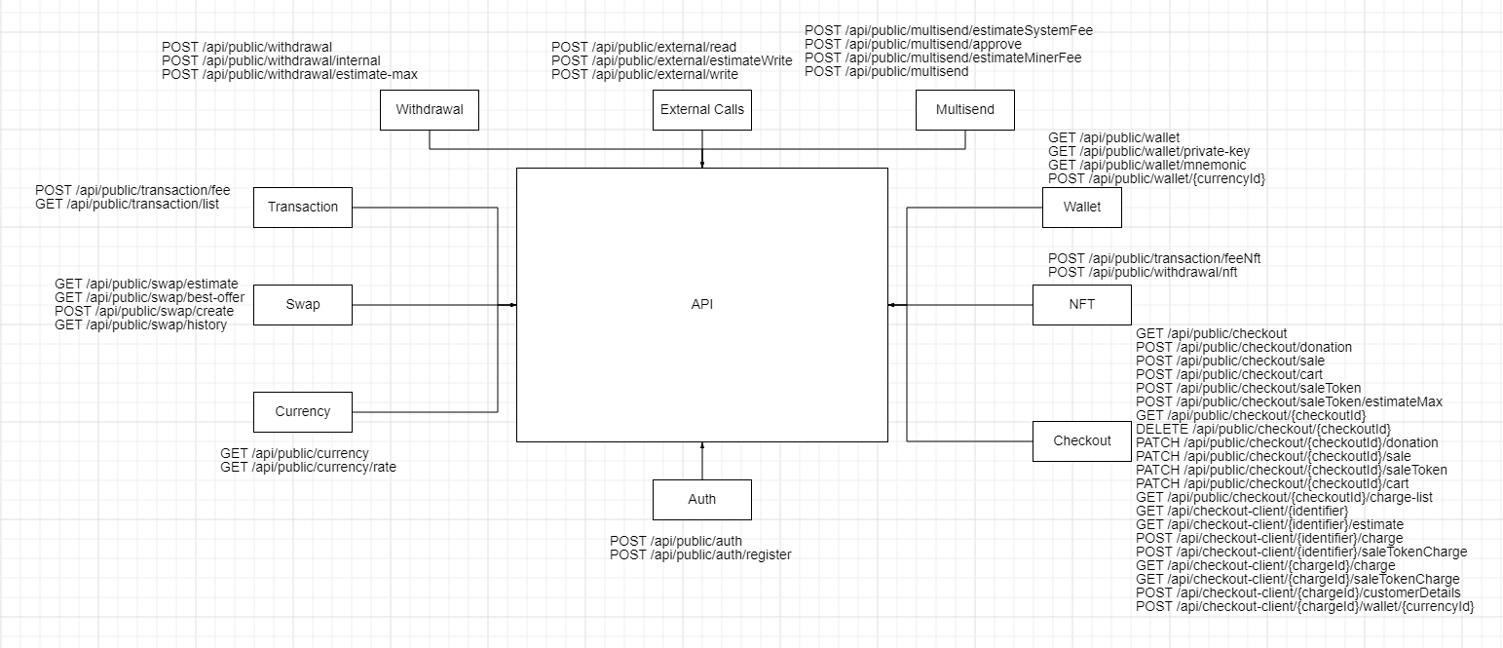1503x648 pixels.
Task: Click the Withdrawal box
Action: pos(429,110)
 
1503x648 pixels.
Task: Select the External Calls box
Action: pos(701,110)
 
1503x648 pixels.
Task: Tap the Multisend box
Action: pos(964,110)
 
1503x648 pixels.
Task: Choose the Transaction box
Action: pos(303,207)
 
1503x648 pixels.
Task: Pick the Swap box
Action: pos(303,304)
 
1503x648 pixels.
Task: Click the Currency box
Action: pos(303,411)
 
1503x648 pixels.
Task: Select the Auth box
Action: pos(701,499)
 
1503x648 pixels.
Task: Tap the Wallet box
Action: pos(1081,207)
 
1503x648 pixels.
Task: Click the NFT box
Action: pos(1081,304)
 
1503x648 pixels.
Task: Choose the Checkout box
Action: pos(1081,440)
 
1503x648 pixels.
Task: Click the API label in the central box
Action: pos(701,305)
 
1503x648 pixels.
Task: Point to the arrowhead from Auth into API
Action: pos(702,444)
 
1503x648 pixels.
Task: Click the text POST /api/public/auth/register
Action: pos(700,554)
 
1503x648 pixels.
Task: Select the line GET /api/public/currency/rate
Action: pos(308,467)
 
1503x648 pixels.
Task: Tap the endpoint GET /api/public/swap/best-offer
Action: pos(149,297)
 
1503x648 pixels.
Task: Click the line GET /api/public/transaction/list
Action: pos(127,204)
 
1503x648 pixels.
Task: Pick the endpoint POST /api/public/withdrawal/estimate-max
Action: pos(289,74)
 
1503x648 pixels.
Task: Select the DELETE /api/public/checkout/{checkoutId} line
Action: pos(1262,429)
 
